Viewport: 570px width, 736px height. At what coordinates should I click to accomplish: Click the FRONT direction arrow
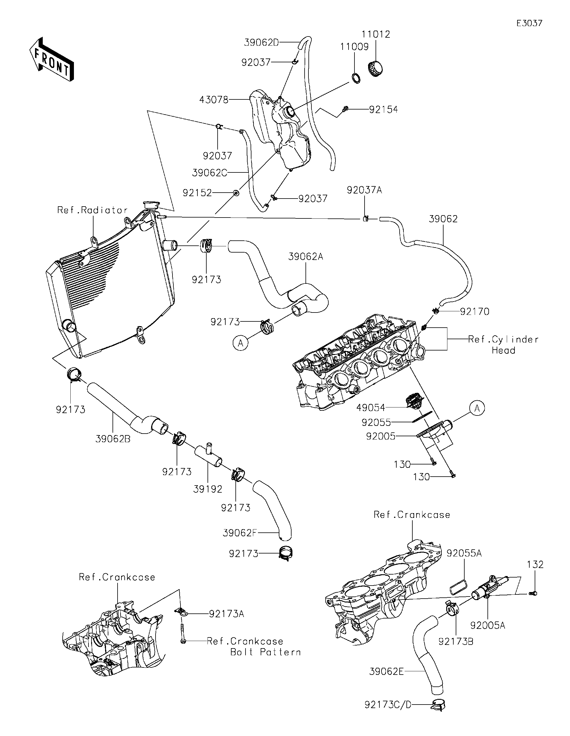[x=51, y=59]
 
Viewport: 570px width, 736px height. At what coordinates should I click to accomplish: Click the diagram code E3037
[x=529, y=23]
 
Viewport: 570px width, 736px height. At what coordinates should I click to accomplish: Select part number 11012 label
[x=376, y=34]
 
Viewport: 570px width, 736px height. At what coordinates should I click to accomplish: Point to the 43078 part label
[x=214, y=100]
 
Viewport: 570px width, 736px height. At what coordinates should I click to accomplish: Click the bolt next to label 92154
[x=345, y=109]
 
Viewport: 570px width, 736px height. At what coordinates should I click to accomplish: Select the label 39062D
[x=261, y=42]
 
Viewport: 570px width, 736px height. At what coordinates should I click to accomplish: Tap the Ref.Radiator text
[x=92, y=210]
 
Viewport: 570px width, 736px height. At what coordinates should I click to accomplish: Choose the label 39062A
[x=305, y=257]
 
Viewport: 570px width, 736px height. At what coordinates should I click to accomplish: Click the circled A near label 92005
[x=476, y=408]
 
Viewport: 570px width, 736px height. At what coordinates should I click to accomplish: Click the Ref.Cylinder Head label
[x=503, y=345]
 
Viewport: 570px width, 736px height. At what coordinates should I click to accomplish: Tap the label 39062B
[x=113, y=439]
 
